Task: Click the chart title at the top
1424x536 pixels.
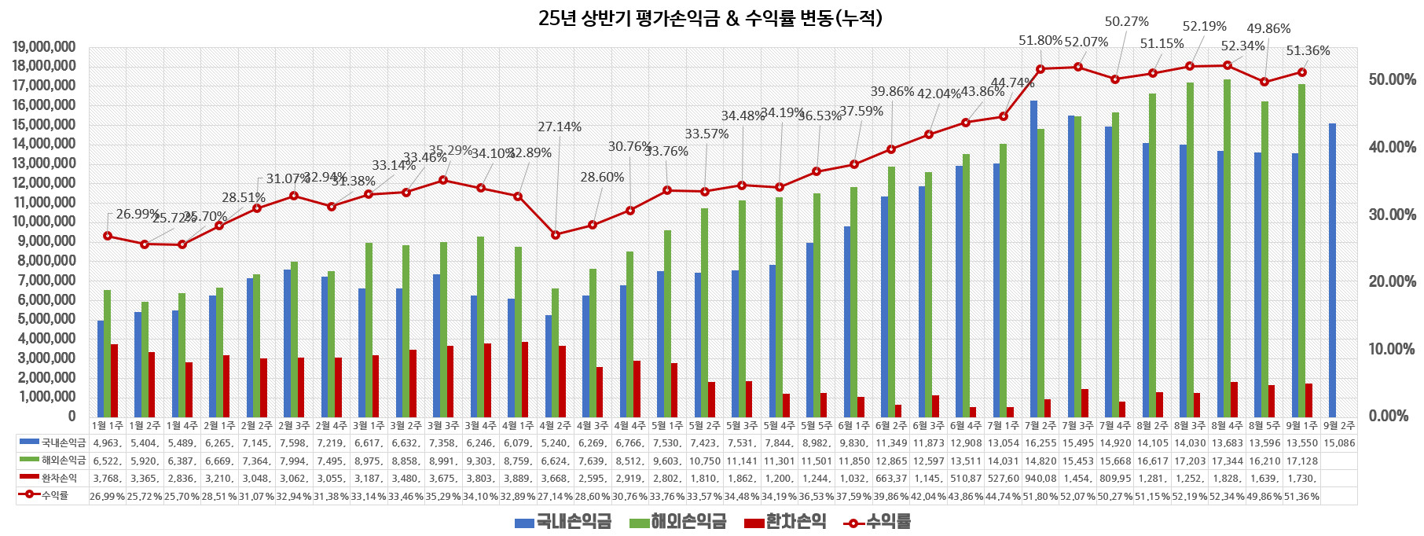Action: [x=710, y=18]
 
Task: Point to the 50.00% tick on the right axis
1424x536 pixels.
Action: [x=1392, y=79]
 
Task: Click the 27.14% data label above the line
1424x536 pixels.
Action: [x=560, y=127]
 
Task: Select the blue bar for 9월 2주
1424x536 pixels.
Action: [x=1332, y=270]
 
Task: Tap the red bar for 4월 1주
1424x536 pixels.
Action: [x=525, y=379]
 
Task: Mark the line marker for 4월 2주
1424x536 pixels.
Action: [x=556, y=234]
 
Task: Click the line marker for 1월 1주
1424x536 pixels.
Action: [x=108, y=236]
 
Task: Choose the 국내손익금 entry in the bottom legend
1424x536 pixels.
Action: [x=563, y=522]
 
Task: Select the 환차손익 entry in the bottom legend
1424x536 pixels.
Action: [x=785, y=522]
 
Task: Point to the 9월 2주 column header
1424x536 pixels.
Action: [x=1339, y=425]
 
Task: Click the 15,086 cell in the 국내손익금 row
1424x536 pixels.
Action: [x=1339, y=442]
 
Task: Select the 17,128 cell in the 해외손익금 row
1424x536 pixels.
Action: [x=1302, y=461]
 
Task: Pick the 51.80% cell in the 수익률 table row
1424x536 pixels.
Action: [x=1040, y=496]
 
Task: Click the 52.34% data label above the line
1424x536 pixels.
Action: [x=1242, y=46]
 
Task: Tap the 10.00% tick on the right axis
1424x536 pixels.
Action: [x=1392, y=349]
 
